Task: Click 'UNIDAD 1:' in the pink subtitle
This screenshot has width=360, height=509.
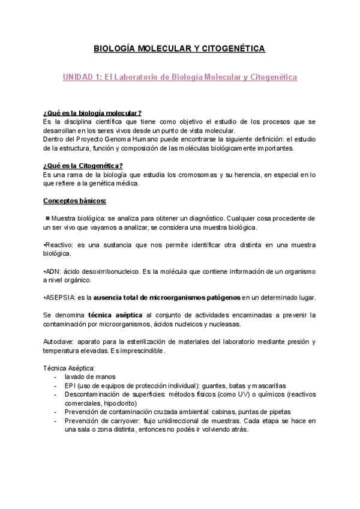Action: coord(82,77)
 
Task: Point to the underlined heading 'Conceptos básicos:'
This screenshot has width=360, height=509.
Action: coord(75,200)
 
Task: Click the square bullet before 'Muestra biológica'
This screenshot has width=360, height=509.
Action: coord(47,218)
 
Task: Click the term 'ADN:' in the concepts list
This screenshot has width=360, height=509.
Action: coord(52,271)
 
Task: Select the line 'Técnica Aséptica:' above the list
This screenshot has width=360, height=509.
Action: coord(69,367)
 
